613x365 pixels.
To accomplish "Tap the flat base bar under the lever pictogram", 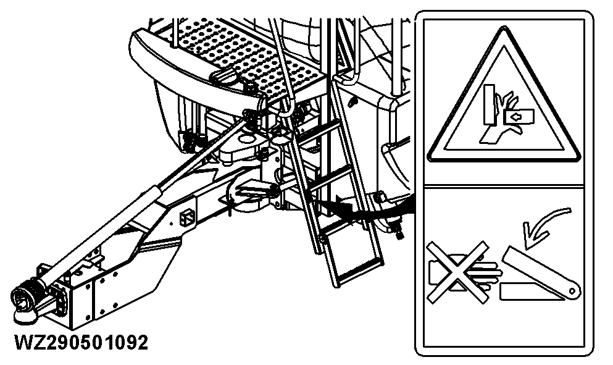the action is click(x=531, y=290).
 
